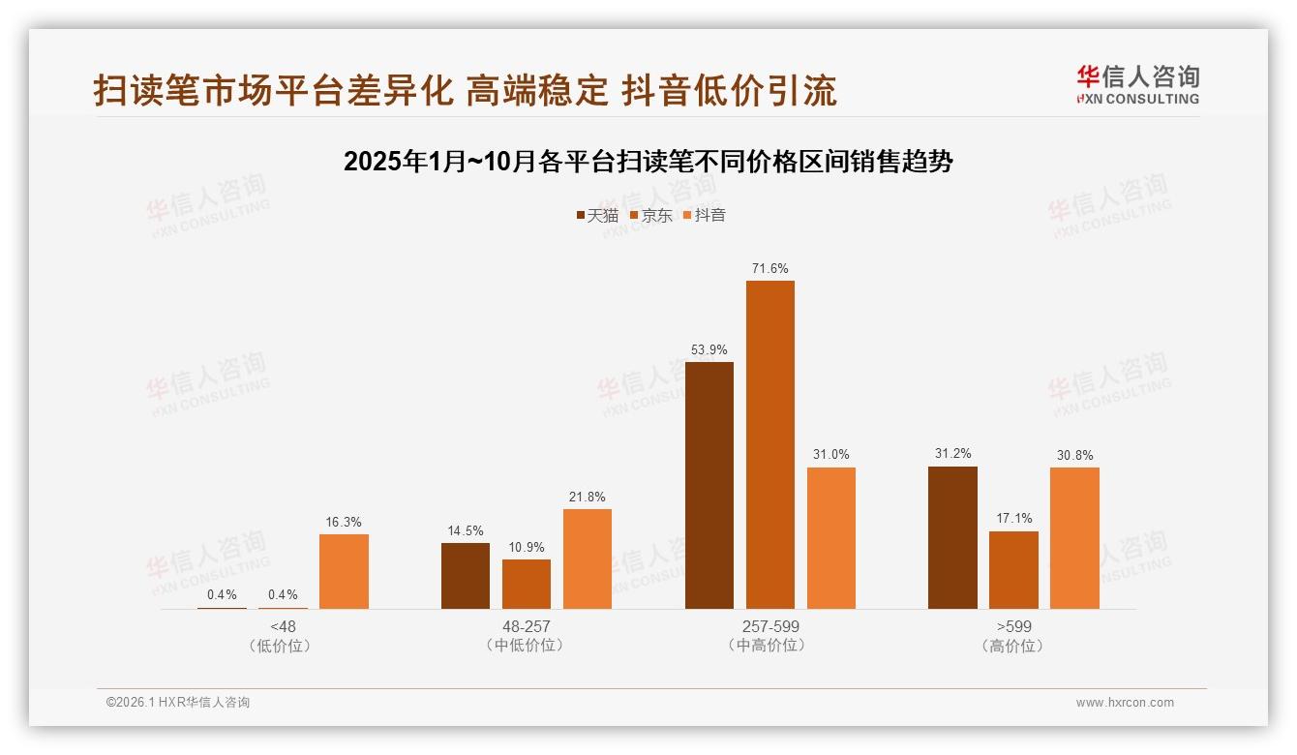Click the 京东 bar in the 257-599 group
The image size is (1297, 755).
(x=769, y=444)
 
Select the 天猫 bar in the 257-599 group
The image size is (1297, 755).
(x=709, y=485)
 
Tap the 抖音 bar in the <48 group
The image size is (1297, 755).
(x=344, y=571)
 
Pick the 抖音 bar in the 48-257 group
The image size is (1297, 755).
(x=587, y=559)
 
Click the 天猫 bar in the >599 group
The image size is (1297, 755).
(x=952, y=537)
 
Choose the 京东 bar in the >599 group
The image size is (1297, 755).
(x=1013, y=569)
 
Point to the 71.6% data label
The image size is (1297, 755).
(x=769, y=268)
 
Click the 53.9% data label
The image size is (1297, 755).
(x=709, y=349)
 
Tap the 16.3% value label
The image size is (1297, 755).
(x=344, y=522)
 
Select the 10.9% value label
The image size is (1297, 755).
(x=527, y=547)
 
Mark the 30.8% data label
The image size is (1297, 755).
(x=1074, y=455)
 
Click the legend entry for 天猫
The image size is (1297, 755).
(x=596, y=215)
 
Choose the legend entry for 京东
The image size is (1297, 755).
(x=650, y=215)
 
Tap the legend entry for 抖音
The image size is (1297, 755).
(x=704, y=215)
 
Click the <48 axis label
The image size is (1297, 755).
(x=283, y=626)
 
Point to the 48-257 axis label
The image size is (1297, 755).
(x=527, y=626)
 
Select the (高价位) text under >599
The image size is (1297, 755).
(x=1013, y=646)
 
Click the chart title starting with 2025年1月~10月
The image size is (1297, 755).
(x=648, y=162)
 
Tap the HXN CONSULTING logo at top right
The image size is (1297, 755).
(x=1137, y=84)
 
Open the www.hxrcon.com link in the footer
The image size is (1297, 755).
(x=1125, y=703)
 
